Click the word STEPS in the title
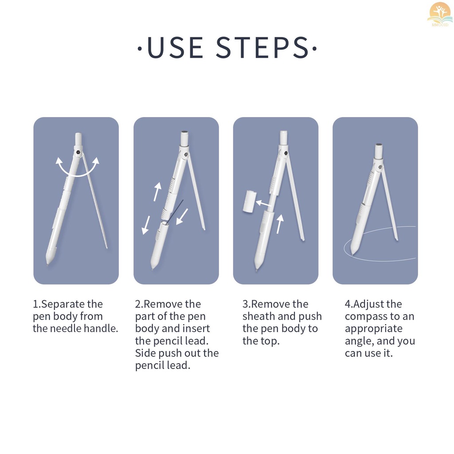[262, 47]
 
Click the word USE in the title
[175, 47]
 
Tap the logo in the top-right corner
[440, 15]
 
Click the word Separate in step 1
[72, 304]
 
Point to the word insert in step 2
[196, 329]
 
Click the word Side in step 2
[145, 353]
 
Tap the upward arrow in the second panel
[157, 192]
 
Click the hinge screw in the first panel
[78, 152]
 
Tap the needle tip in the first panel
[107, 247]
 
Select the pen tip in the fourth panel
[352, 253]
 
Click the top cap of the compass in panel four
[379, 151]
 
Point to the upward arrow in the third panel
[279, 224]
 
